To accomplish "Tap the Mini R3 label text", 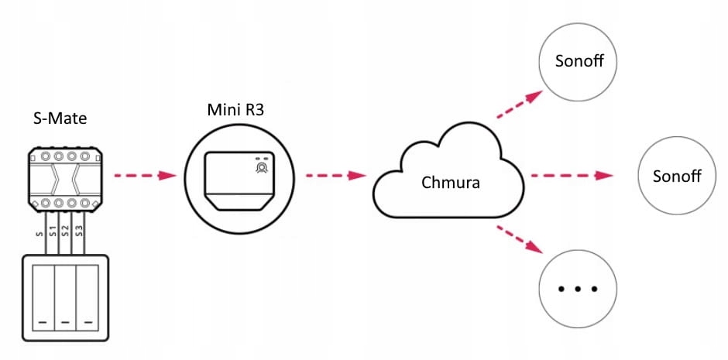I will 235,109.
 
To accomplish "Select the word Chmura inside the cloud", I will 450,183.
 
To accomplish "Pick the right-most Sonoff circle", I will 676,175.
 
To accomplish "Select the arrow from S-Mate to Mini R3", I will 146,175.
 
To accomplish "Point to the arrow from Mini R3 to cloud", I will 335,175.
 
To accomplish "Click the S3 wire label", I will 78,230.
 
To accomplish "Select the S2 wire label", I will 66,230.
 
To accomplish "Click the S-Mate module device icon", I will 66,180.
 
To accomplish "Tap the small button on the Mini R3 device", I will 262,166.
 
